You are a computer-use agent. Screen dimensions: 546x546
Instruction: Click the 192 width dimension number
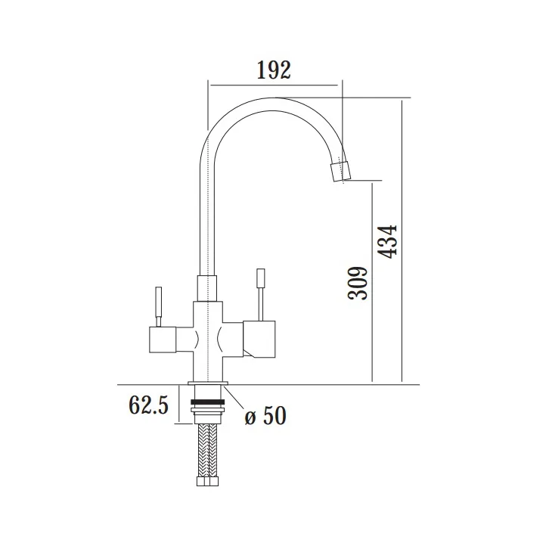click(x=274, y=70)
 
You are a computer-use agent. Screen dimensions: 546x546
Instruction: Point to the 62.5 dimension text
click(x=148, y=406)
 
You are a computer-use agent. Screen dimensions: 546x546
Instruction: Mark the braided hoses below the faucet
click(x=207, y=454)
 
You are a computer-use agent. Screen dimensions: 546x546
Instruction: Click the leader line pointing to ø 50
click(x=235, y=399)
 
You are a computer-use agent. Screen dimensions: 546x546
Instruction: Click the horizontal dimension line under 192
click(x=274, y=85)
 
